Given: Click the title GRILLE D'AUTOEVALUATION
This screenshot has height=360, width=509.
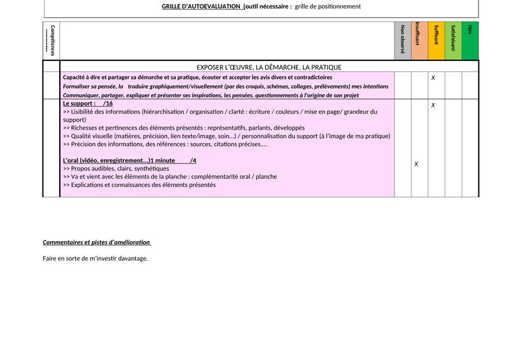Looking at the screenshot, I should [201, 6].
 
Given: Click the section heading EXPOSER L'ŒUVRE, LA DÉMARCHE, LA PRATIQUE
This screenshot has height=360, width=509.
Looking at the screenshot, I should [269, 67].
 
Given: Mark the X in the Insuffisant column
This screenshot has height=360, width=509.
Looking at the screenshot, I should [416, 164].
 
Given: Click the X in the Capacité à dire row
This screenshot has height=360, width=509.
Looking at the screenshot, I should [433, 78].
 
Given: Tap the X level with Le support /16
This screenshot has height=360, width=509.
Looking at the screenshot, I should [433, 106].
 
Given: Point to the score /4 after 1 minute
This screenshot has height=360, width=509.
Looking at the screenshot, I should [193, 160].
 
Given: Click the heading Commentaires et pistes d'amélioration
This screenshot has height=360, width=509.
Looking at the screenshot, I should [97, 242].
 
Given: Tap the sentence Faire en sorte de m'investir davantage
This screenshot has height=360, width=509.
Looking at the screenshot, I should [95, 258].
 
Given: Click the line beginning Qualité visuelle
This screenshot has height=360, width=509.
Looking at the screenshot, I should [227, 135].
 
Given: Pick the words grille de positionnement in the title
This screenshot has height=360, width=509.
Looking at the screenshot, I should [328, 6].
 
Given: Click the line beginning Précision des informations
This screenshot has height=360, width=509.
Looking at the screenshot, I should [165, 144].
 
